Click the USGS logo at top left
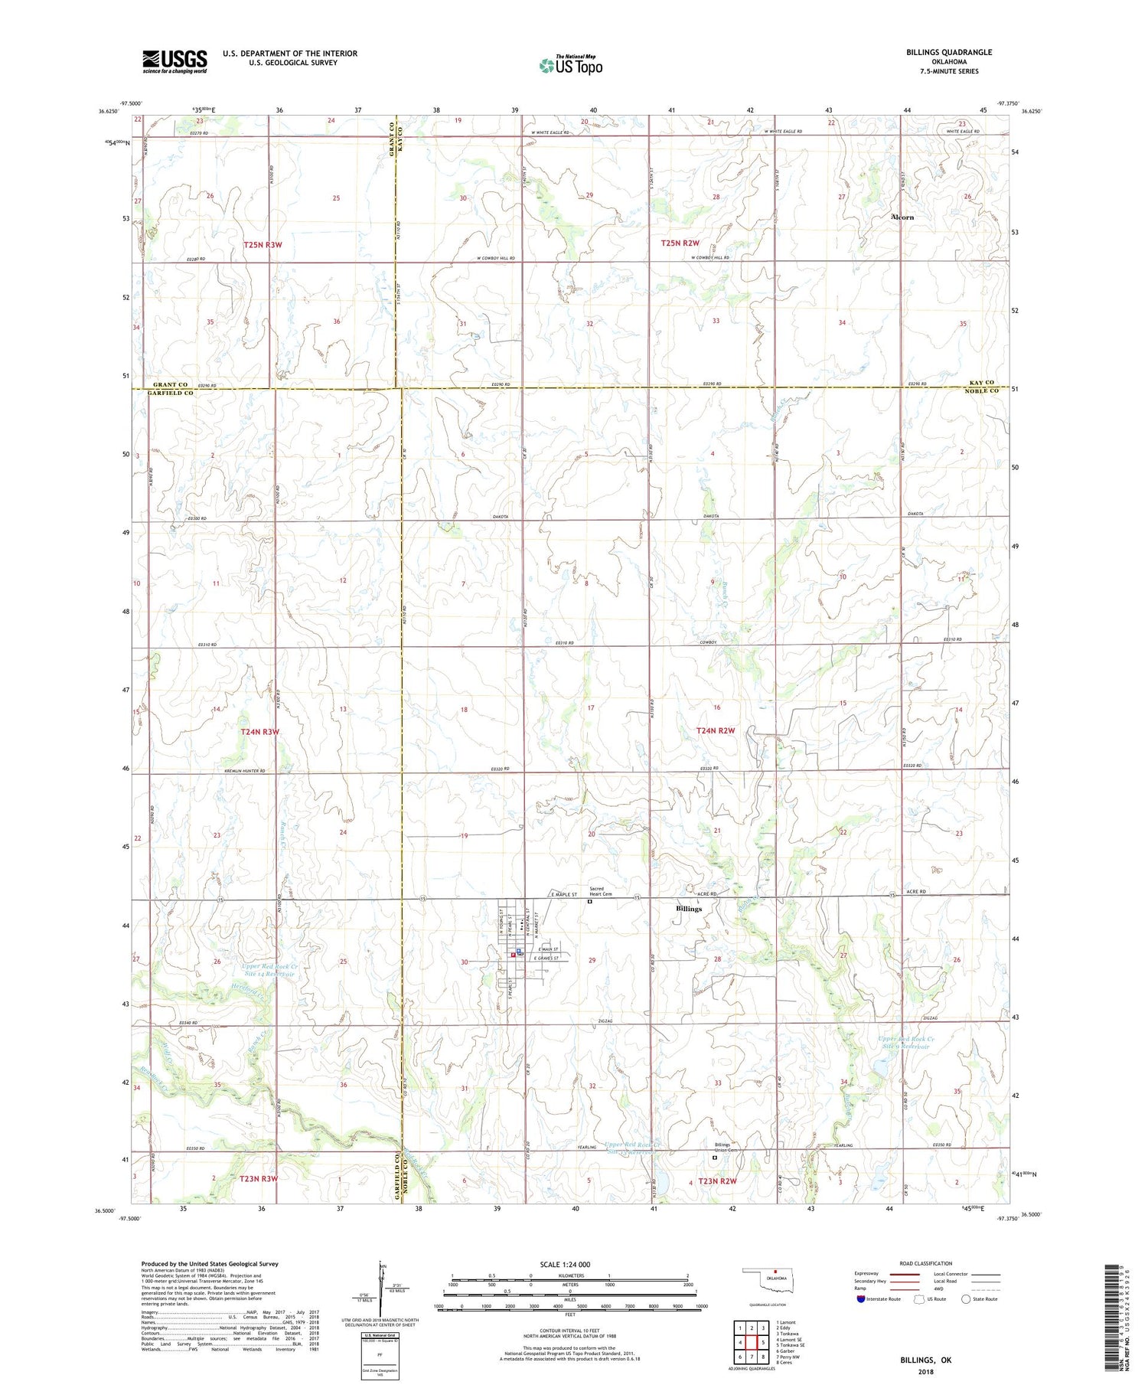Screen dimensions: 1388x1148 (174, 61)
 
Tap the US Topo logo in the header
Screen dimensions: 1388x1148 (570, 66)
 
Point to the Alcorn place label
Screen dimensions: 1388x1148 (902, 217)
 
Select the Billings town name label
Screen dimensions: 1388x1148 (689, 909)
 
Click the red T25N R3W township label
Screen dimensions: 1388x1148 (263, 245)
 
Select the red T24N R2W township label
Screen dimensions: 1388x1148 (716, 730)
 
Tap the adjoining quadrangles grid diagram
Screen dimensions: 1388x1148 (752, 1342)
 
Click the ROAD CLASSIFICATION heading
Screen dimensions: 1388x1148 (926, 1263)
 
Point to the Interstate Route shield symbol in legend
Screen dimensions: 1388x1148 (861, 1299)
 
